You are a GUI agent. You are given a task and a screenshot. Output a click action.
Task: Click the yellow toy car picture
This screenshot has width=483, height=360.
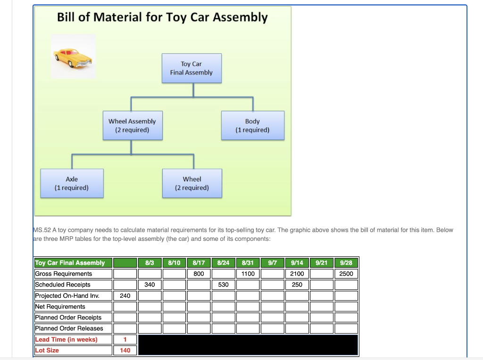coord(73,56)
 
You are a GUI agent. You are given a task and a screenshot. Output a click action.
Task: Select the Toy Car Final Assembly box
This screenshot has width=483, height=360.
coord(192,68)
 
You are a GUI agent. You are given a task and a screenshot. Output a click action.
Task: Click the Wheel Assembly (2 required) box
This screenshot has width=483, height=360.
coord(132,125)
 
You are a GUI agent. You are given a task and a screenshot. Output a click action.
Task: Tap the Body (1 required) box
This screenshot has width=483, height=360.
coord(253,125)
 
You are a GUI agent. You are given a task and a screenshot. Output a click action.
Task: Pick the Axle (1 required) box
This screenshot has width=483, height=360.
coord(72,183)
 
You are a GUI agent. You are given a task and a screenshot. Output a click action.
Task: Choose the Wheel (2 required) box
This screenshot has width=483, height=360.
coord(192,183)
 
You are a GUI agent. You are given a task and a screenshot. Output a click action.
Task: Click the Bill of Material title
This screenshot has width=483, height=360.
coord(162,17)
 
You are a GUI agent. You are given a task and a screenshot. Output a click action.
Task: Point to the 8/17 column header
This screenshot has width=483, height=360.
coord(199,262)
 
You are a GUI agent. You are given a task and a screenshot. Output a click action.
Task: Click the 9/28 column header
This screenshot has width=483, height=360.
coord(346,262)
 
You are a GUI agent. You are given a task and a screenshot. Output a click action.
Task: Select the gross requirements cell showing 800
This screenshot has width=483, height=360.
coord(199,274)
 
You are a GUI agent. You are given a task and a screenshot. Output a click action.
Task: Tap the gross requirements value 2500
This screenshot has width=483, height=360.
coord(346,274)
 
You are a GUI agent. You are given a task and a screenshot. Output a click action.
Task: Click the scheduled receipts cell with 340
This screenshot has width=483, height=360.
coord(150,285)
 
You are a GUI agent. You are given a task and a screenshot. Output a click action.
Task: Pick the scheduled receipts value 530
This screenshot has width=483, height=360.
coord(223,285)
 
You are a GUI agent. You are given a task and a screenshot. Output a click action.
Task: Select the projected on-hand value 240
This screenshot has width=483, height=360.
coord(125,295)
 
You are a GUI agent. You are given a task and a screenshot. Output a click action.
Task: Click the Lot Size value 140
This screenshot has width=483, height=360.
coord(125,350)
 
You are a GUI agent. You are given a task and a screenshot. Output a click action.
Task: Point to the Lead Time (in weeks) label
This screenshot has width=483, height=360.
coord(67,339)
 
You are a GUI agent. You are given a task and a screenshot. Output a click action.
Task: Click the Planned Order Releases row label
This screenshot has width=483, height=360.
coord(69,328)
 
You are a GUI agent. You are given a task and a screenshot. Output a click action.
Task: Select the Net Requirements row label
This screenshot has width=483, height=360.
coord(60,307)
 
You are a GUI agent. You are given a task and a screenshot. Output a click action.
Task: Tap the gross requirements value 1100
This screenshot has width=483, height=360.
coord(248,274)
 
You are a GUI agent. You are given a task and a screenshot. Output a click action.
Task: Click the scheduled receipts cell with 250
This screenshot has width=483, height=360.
coord(297,285)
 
